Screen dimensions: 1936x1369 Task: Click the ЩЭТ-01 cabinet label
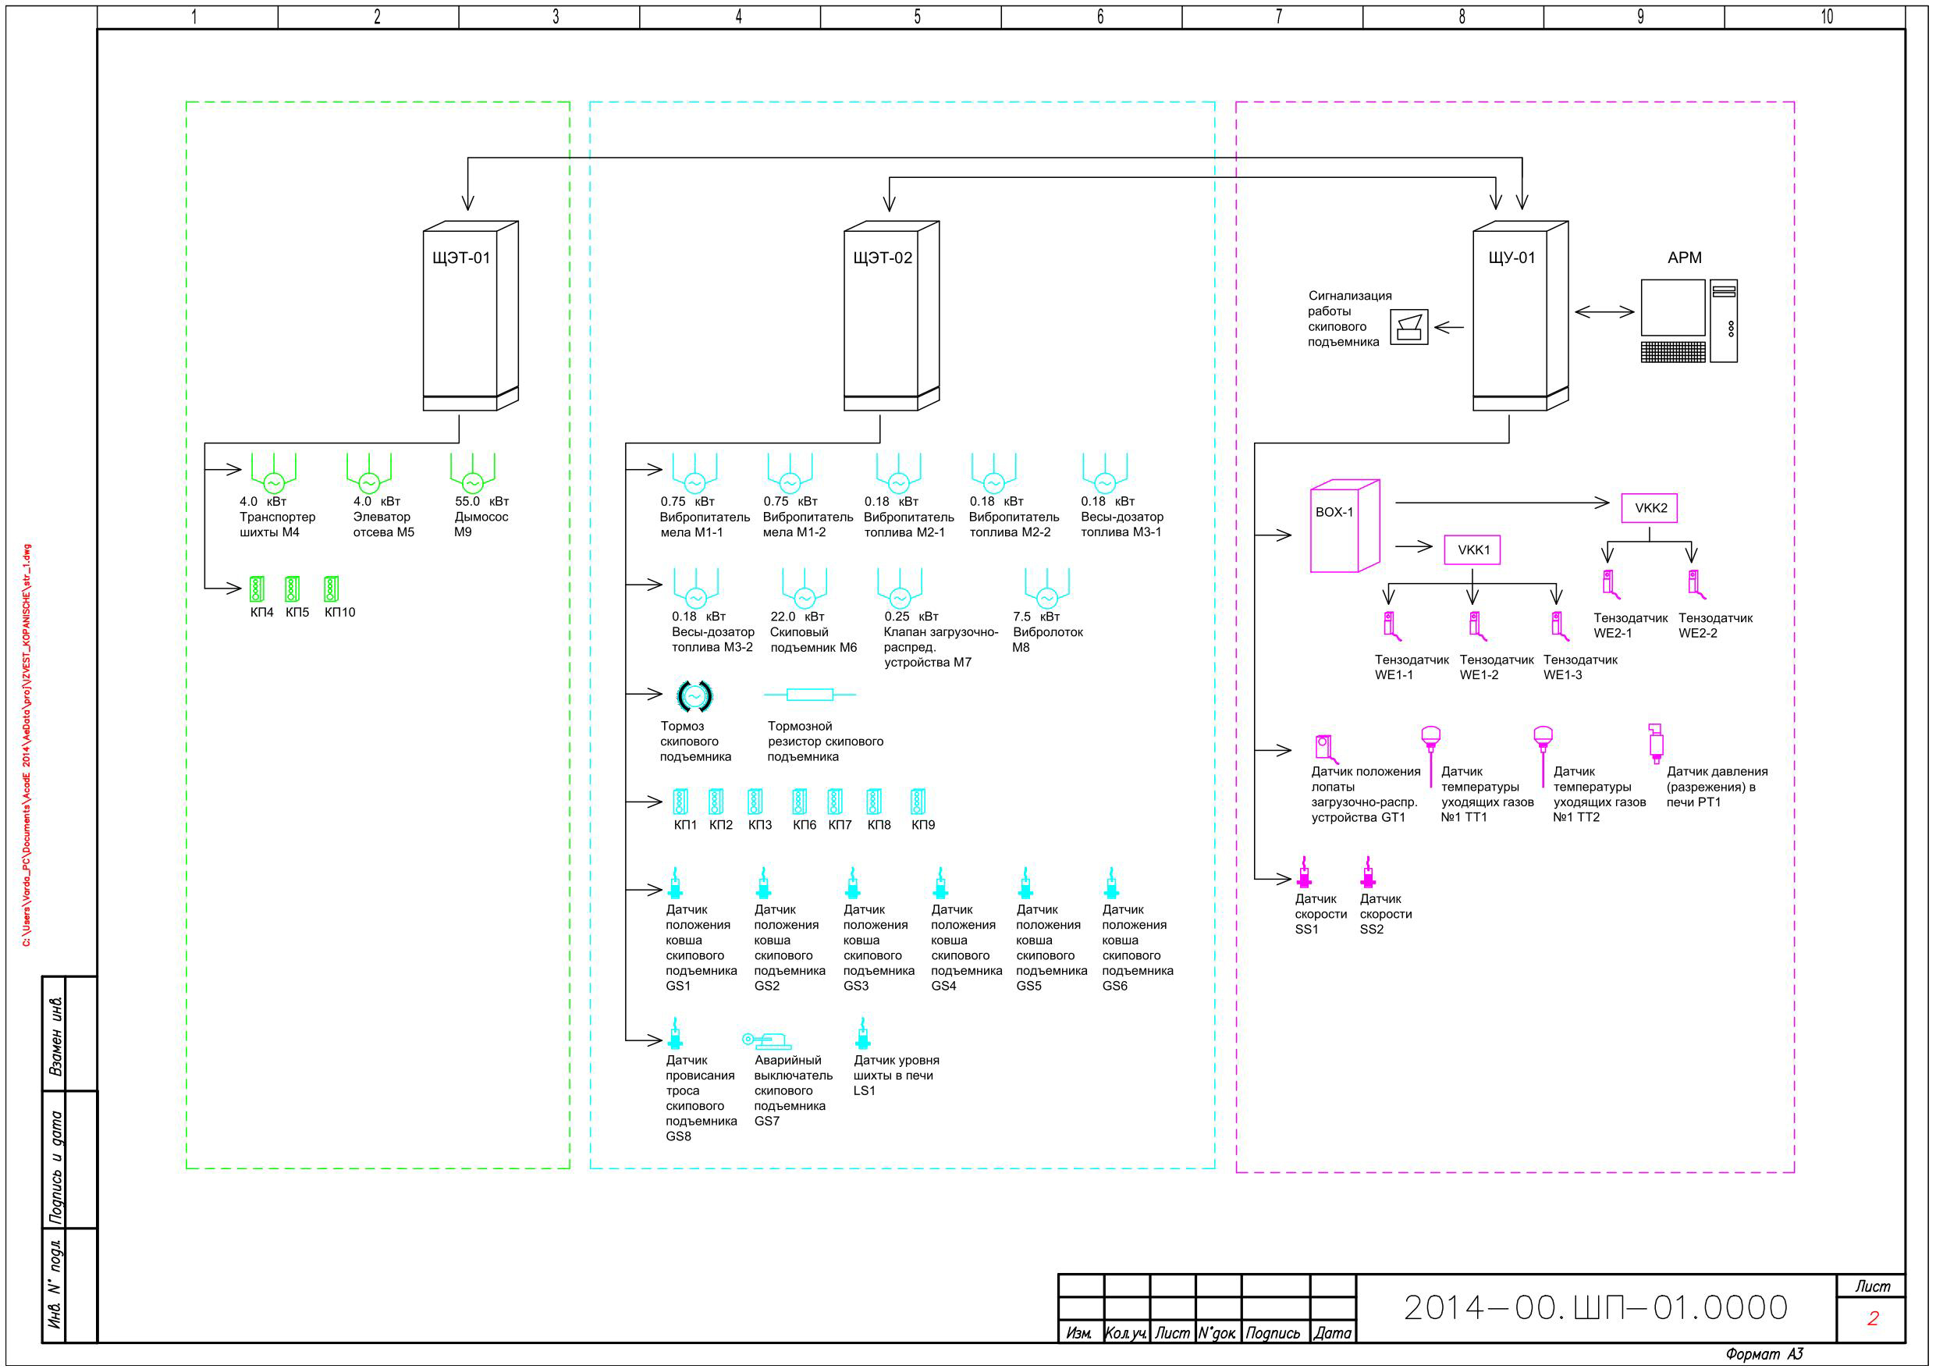461,258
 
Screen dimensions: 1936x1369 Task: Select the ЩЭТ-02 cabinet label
883,258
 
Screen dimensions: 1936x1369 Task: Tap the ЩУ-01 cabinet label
1512,258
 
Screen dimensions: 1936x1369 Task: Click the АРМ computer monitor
1673,308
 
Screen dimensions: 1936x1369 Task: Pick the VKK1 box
1472,550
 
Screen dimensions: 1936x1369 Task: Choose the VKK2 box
1650,508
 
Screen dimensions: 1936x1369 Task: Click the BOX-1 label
1334,512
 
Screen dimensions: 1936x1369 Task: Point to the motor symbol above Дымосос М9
472,473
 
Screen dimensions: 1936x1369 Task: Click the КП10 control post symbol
332,588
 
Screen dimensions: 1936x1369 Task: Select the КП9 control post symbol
918,802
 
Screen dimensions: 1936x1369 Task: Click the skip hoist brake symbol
694,696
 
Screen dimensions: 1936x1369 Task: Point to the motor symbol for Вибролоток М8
1047,588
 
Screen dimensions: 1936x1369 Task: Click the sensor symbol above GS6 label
1111,882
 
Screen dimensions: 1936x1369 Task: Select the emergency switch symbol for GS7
766,1041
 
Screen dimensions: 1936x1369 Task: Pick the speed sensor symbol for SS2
1368,873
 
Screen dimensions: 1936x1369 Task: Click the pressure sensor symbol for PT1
1655,742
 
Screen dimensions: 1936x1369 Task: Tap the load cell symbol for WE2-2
1696,585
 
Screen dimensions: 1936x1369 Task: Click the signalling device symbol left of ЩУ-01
1409,327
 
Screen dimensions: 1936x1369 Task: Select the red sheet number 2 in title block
1873,1318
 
